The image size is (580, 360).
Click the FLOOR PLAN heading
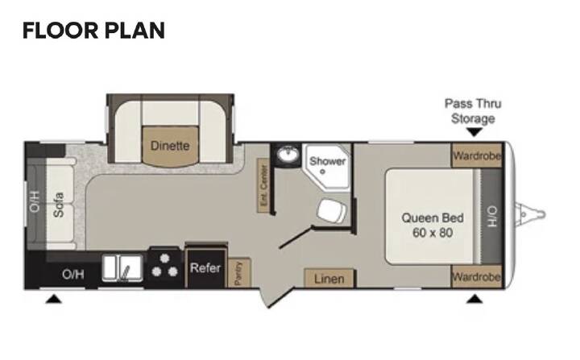pos(93,31)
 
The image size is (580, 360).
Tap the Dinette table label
pos(170,146)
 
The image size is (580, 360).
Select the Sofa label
pos(59,205)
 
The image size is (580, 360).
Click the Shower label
pos(327,161)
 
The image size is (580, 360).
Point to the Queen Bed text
pos(433,218)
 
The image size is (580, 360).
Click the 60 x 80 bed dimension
pos(433,233)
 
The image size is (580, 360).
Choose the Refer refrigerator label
pos(205,267)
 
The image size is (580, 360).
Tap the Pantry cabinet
pos(239,273)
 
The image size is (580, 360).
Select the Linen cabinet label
pos(329,279)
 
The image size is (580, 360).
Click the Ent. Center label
pos(263,186)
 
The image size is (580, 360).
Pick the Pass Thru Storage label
pos(473,111)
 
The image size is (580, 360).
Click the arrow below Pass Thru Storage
pos(474,132)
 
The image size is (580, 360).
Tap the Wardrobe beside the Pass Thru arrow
pos(477,155)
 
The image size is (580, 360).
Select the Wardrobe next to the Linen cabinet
pos(477,276)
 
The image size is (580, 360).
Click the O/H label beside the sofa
pos(34,201)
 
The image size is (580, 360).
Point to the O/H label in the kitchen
pos(72,274)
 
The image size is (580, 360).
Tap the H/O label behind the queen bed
pos(492,217)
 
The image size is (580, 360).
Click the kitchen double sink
pos(122,267)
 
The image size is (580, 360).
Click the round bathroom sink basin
pos(288,154)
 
